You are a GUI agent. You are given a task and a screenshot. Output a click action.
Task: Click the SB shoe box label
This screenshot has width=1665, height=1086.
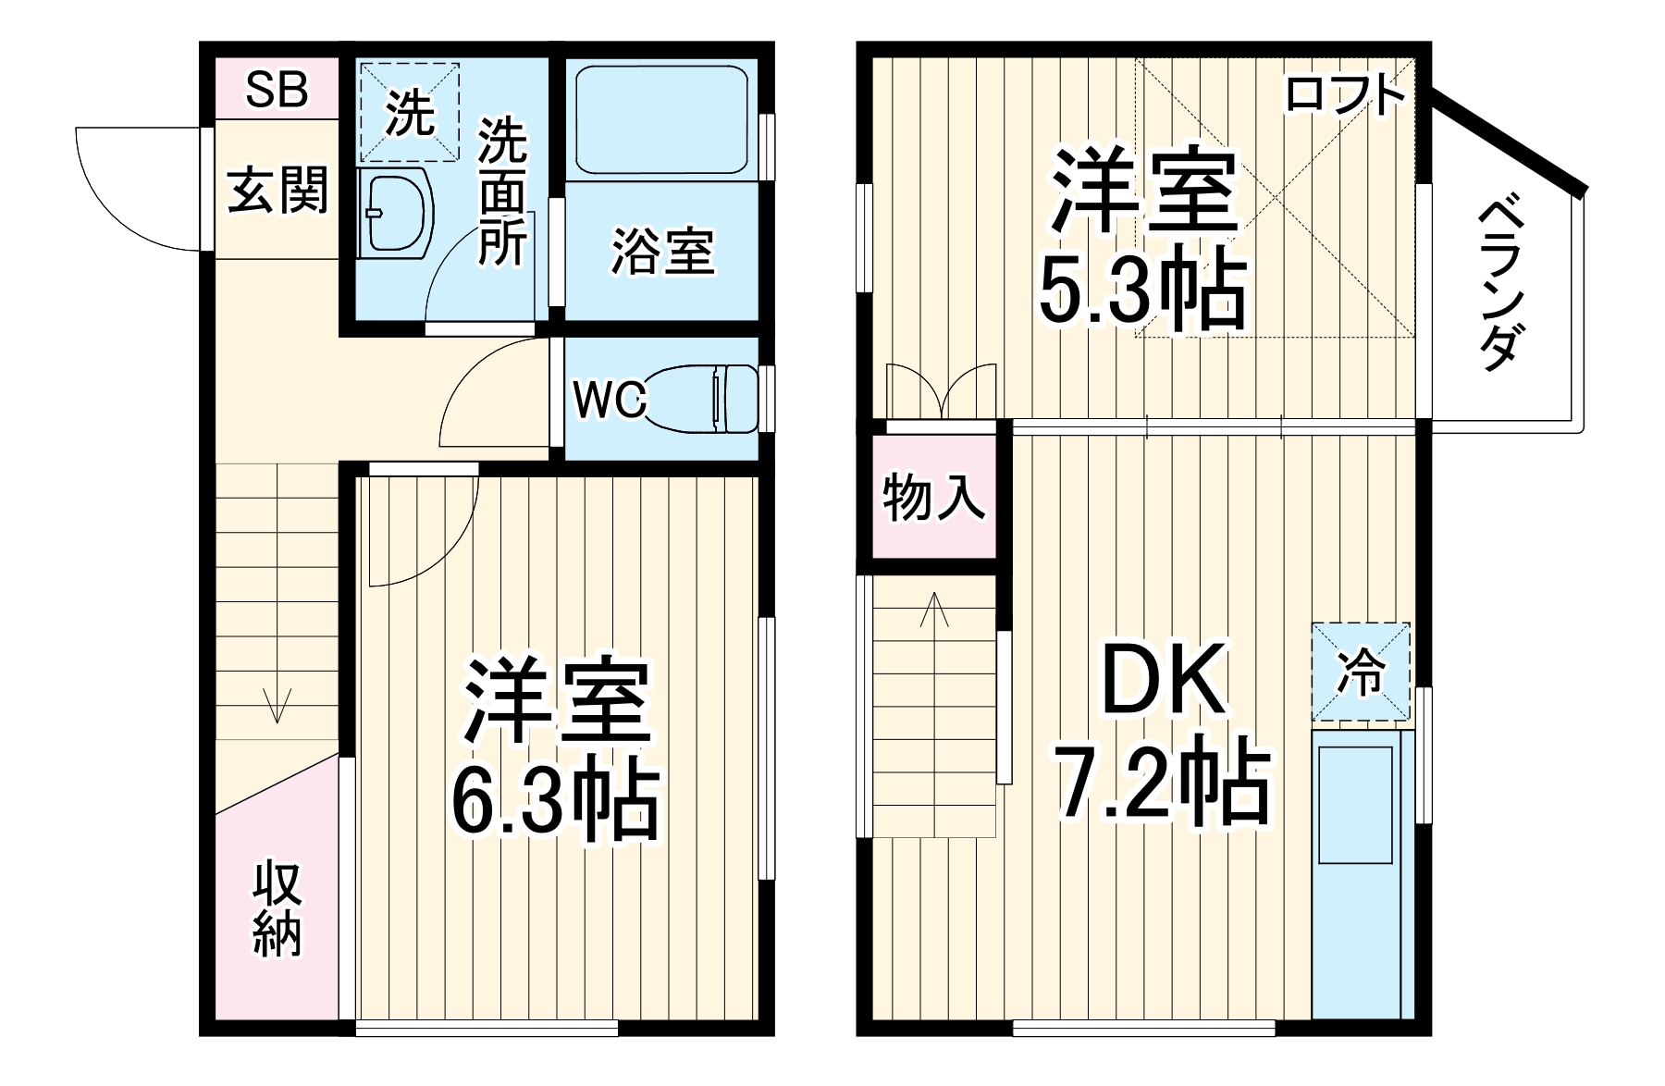tap(277, 90)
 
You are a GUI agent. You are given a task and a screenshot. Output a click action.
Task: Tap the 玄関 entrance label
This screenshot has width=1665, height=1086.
tap(277, 191)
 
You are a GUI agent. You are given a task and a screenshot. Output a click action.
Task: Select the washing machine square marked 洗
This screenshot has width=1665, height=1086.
tap(409, 113)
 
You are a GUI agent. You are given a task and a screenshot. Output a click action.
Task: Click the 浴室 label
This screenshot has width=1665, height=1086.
tap(662, 251)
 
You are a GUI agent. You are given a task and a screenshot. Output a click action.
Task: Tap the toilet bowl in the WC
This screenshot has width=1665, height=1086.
tap(703, 398)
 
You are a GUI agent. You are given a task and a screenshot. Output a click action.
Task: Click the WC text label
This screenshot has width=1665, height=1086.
tap(610, 401)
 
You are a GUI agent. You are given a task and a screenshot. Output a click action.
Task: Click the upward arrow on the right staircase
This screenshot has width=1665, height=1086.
tap(934, 611)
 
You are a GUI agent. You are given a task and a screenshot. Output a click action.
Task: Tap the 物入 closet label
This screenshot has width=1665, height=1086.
tap(932, 498)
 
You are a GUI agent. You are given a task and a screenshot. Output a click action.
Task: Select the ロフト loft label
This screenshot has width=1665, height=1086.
tap(1346, 94)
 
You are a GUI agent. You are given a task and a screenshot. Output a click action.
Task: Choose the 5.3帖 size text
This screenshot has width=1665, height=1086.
tap(1141, 292)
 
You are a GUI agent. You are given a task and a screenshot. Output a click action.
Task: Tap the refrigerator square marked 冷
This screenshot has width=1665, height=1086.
tap(1361, 672)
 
